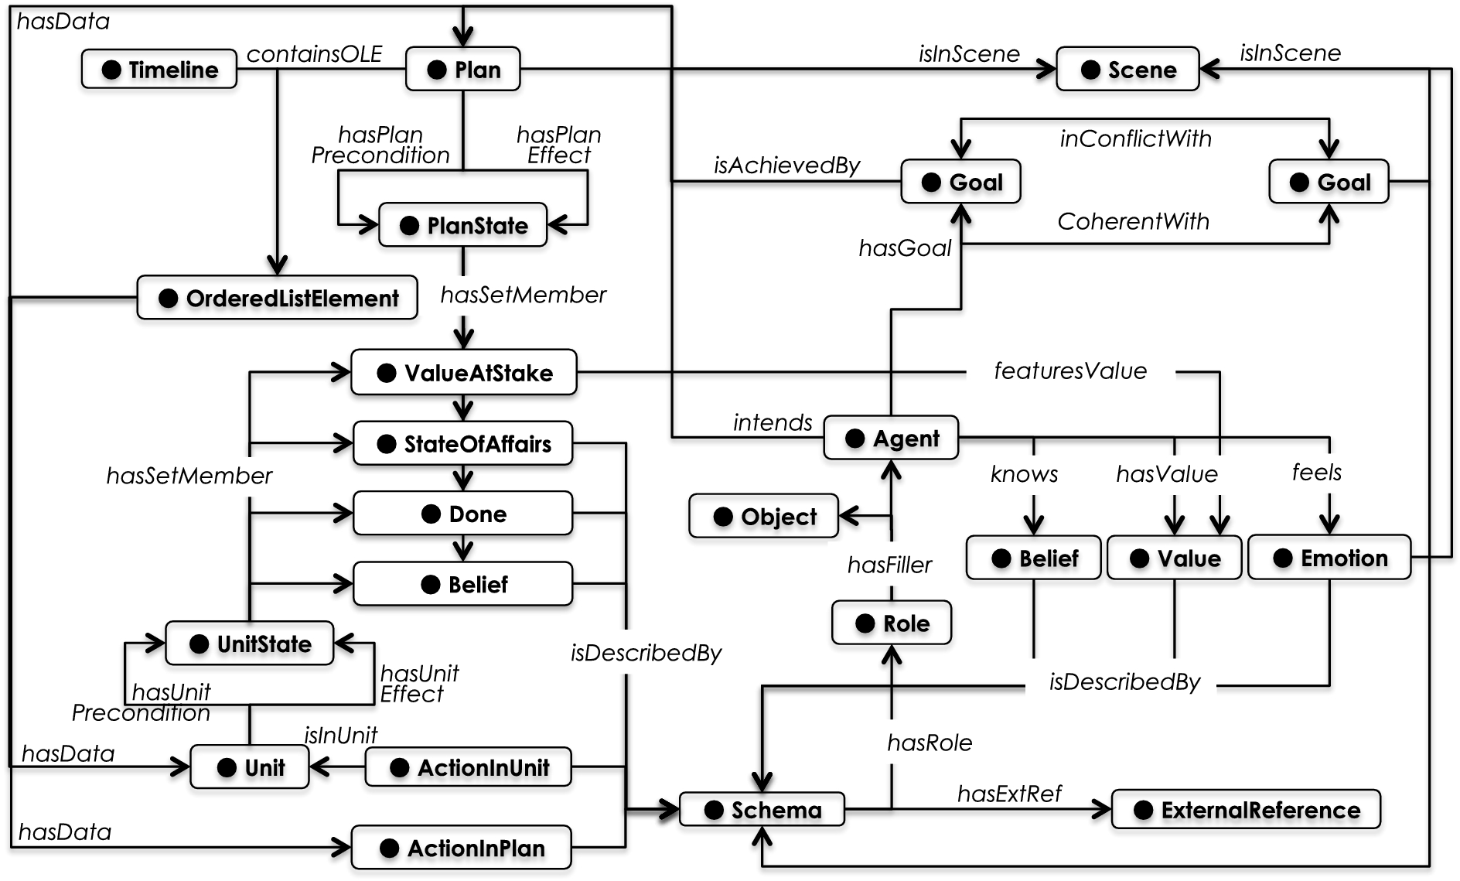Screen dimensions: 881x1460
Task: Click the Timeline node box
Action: click(159, 70)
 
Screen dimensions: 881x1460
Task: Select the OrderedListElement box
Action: click(278, 299)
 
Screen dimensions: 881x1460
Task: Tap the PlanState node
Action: click(462, 225)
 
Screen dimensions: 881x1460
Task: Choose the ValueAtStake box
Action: click(464, 373)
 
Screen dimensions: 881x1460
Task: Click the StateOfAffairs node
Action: click(463, 444)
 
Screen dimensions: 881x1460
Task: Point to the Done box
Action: click(463, 514)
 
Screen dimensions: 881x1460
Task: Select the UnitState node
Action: click(250, 644)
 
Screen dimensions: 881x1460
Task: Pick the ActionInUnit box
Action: click(469, 767)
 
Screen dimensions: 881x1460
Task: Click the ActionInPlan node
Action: click(462, 849)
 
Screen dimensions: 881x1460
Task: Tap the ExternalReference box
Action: click(1246, 810)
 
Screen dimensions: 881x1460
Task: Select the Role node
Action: click(892, 623)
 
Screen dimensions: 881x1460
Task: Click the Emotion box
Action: click(1329, 558)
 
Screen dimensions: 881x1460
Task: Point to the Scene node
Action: click(1127, 70)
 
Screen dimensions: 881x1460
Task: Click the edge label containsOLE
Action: click(314, 54)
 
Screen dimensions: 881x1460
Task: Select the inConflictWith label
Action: click(1135, 139)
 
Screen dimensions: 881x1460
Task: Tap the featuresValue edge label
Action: click(1070, 371)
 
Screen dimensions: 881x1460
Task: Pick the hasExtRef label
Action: click(1009, 794)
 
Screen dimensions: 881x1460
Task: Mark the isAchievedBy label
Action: click(786, 166)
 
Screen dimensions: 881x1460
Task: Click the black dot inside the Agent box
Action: click(855, 439)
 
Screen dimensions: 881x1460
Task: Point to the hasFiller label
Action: click(889, 565)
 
